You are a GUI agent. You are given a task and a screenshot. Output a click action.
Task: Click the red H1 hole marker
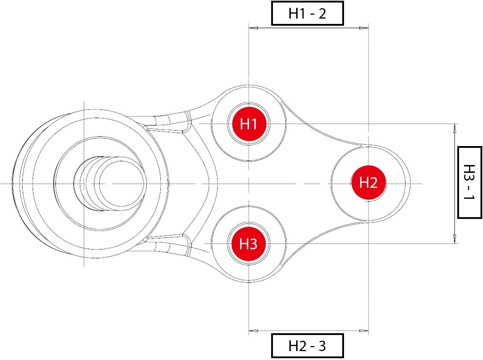click(x=249, y=124)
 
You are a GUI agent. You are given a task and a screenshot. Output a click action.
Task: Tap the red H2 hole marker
click(x=368, y=182)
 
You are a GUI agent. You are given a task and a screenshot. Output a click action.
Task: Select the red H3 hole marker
click(x=248, y=244)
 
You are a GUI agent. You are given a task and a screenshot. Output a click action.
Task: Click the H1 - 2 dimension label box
click(x=307, y=14)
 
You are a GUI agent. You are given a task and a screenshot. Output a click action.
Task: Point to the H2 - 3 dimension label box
click(x=307, y=346)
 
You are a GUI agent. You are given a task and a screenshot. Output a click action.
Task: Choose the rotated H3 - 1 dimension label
click(x=469, y=182)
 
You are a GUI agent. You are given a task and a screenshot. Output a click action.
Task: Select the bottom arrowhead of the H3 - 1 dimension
click(x=455, y=239)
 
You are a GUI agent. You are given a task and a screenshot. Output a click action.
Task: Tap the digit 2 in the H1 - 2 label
click(x=322, y=14)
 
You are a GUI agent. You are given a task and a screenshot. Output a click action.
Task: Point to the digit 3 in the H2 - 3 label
click(x=322, y=346)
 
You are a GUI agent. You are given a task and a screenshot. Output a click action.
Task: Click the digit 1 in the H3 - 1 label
click(x=469, y=198)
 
